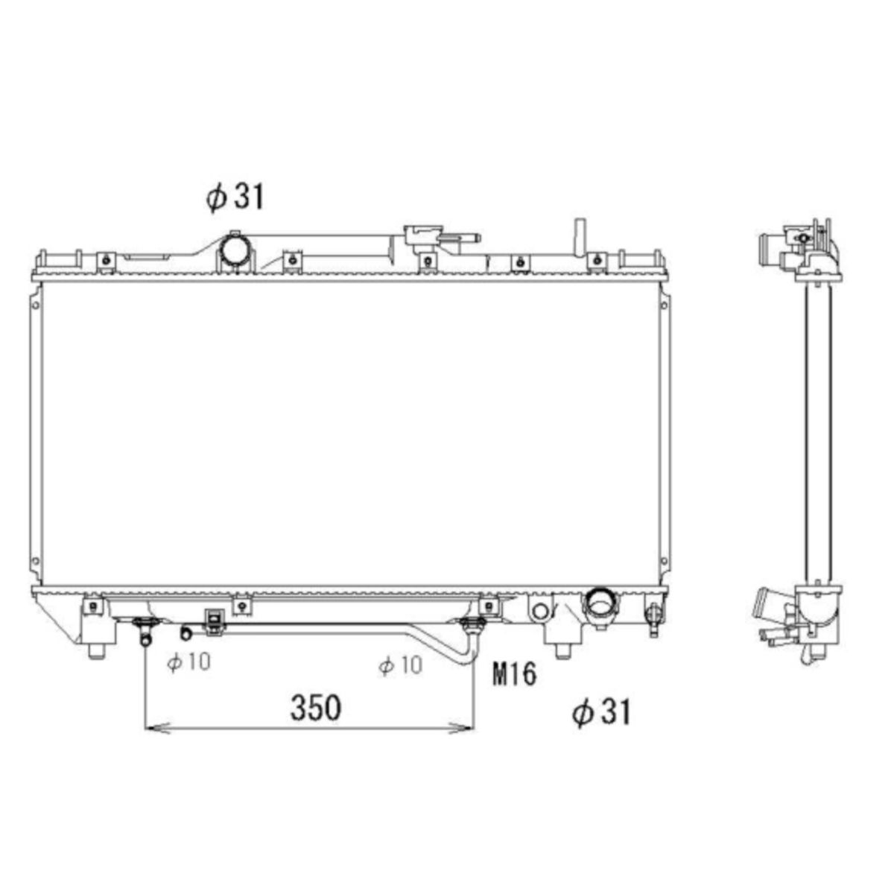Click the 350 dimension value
click(315, 708)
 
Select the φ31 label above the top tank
click(235, 197)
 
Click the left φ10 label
click(188, 662)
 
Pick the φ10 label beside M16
click(400, 665)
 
